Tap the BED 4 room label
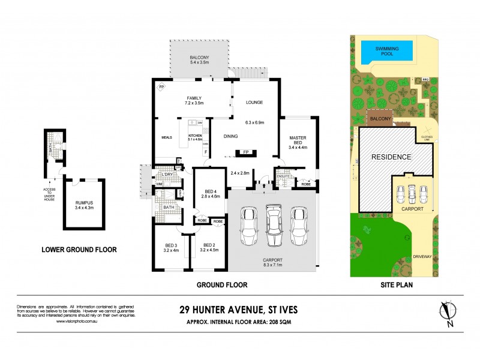click(x=211, y=193)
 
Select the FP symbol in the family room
click(x=161, y=88)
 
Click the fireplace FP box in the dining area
click(x=245, y=152)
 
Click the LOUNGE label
click(x=254, y=103)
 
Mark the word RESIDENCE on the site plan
click(x=391, y=157)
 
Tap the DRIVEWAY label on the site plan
click(x=422, y=256)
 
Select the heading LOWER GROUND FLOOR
click(x=78, y=250)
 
